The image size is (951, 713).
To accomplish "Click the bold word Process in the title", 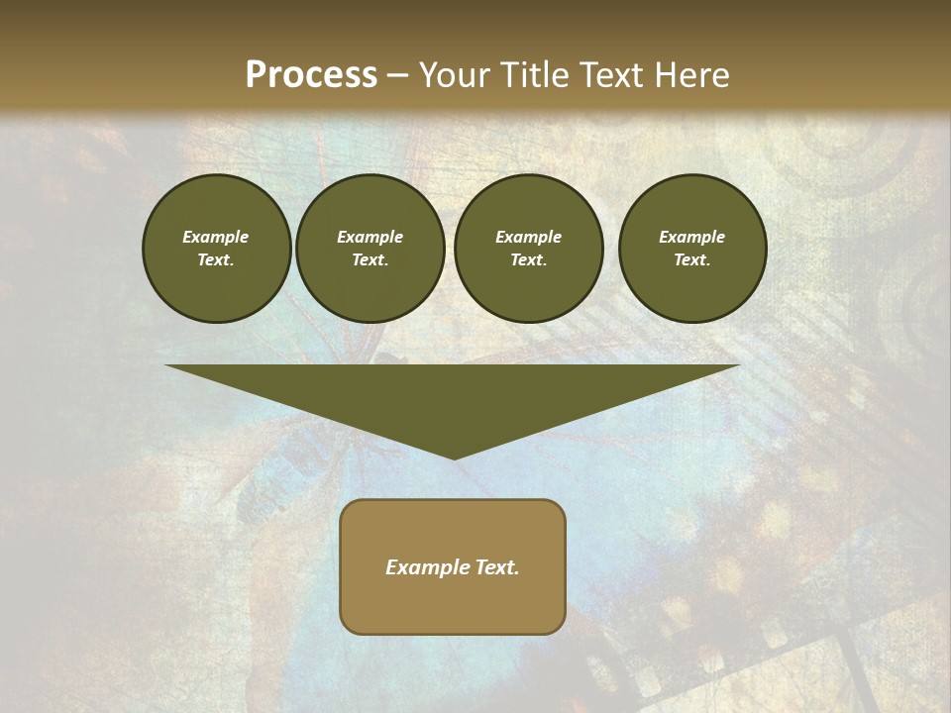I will (x=311, y=75).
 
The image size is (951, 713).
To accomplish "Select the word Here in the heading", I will (x=690, y=75).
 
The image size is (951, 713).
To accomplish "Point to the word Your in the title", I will (x=457, y=75).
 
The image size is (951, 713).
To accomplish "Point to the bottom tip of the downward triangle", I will (x=454, y=458).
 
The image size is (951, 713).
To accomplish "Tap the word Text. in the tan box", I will (x=496, y=567).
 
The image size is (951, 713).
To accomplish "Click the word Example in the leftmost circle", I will (x=216, y=237).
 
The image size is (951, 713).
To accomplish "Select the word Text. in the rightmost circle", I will (x=692, y=259).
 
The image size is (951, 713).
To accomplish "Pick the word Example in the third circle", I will (x=528, y=237).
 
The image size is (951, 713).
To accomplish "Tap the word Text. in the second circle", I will (x=370, y=259).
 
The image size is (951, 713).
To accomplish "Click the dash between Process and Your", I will (x=397, y=76).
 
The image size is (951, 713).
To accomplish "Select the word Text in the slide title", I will (x=612, y=75).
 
